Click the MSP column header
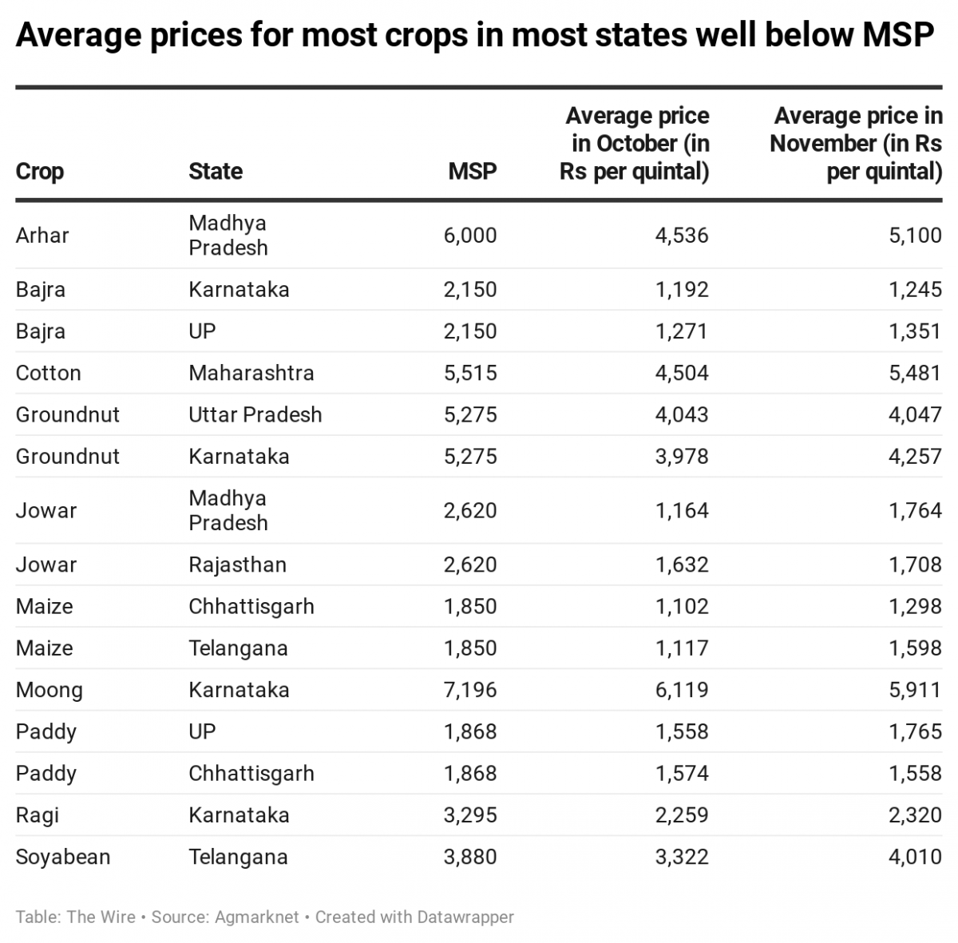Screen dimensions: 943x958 click(472, 171)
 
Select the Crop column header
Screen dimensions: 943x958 click(40, 171)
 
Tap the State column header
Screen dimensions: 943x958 click(216, 171)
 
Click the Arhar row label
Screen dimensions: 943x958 click(42, 236)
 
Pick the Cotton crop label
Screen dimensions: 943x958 click(48, 373)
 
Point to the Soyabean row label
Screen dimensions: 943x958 click(63, 857)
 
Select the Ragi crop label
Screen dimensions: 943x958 click(37, 815)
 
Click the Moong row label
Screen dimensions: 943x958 click(49, 690)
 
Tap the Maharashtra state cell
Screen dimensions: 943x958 click(251, 373)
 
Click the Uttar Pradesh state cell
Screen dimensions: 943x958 click(255, 414)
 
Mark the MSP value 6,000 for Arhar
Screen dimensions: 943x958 click(470, 236)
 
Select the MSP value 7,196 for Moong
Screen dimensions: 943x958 click(470, 690)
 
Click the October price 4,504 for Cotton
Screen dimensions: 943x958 click(682, 373)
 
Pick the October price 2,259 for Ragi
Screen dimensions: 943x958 click(682, 815)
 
